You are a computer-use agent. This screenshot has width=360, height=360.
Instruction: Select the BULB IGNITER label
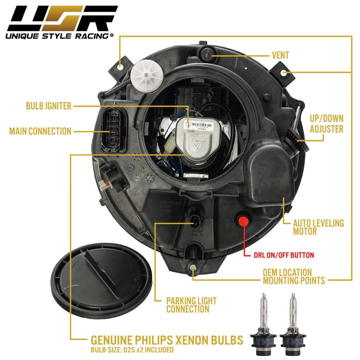48,106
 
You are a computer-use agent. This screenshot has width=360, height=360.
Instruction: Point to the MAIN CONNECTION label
40,131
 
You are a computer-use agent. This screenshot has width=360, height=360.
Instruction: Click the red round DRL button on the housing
244,220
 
